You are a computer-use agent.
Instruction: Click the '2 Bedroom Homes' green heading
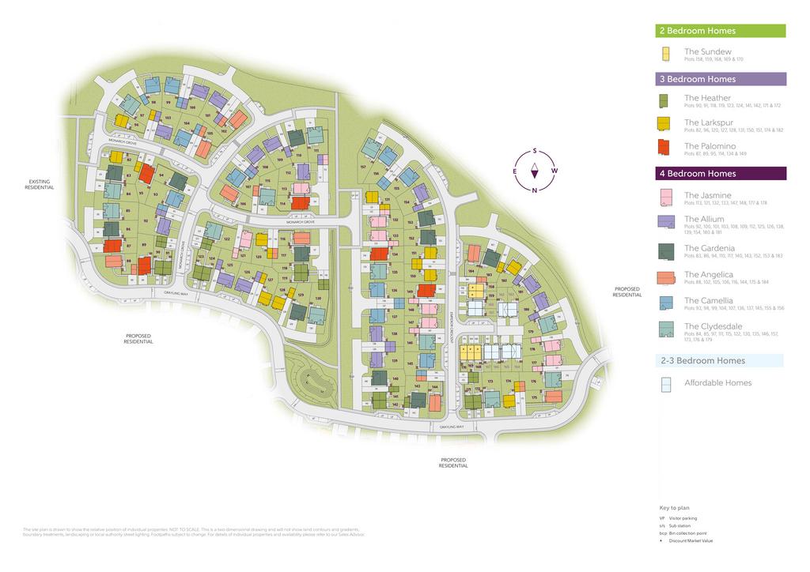696,31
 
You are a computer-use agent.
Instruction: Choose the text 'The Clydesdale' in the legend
713,326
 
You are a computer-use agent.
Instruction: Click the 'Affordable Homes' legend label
717,383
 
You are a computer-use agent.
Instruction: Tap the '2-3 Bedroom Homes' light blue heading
702,360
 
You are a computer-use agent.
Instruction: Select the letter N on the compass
536,190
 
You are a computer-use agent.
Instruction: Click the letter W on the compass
554,171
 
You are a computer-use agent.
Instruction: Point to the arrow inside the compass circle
536,170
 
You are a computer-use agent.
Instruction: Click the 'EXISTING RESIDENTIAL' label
39,185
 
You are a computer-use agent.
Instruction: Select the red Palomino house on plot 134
379,254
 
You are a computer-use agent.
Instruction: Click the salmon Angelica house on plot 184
474,253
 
